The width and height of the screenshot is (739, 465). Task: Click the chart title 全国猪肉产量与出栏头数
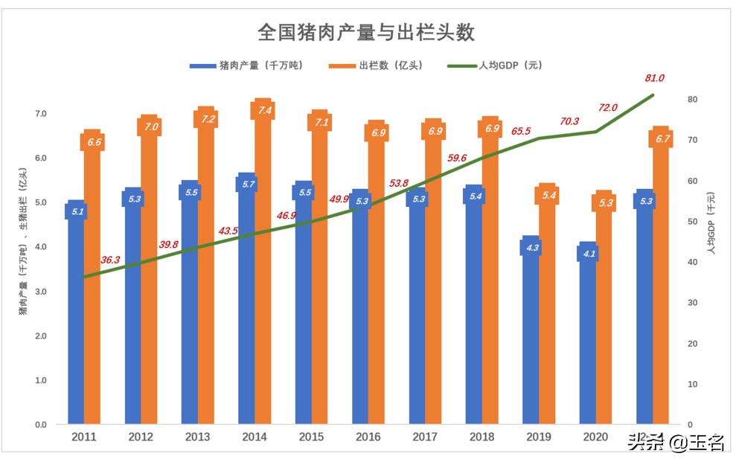(x=366, y=33)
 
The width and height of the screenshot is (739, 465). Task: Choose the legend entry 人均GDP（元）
(x=495, y=65)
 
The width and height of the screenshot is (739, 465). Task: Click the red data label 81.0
(x=654, y=78)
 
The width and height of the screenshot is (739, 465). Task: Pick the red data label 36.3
(x=111, y=260)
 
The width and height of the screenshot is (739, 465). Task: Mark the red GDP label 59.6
(x=457, y=158)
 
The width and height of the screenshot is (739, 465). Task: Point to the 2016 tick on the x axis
(x=368, y=437)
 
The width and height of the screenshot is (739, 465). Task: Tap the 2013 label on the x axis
(x=198, y=437)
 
